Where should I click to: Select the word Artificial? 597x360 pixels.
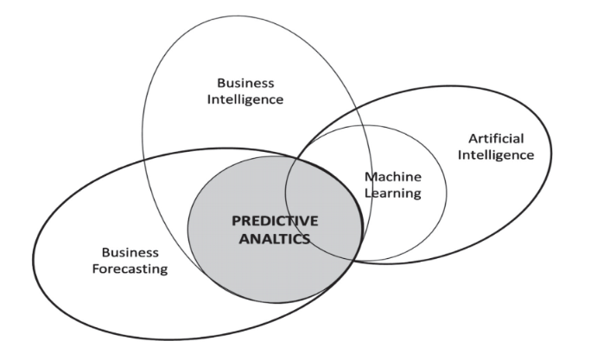[x=496, y=138]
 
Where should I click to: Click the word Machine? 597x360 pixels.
[x=392, y=176]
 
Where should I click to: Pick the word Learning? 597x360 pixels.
[x=392, y=193]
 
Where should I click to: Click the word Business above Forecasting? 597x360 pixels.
[x=130, y=252]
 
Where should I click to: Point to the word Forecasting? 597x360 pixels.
[x=130, y=269]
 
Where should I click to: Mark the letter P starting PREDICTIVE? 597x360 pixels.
[x=236, y=222]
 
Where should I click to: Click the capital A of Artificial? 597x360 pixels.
[x=473, y=138]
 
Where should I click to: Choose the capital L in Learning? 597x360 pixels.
[x=367, y=193]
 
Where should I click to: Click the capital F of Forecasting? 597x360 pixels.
[x=96, y=269]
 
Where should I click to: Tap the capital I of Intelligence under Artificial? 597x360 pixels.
[x=460, y=155]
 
